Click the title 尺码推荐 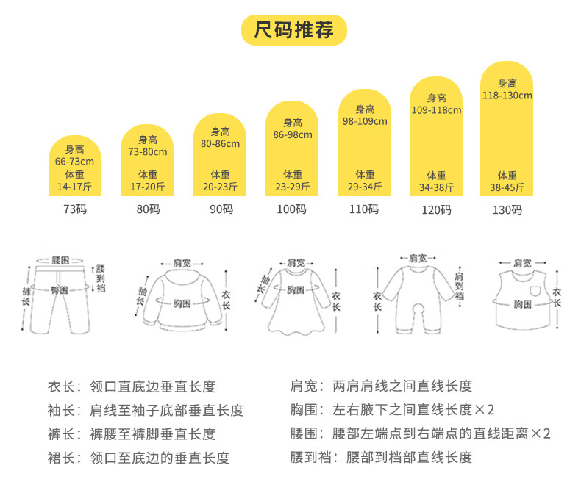coord(293,30)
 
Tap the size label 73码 coord(75,209)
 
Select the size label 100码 coord(291,209)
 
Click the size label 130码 coord(507,209)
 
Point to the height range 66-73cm coord(75,162)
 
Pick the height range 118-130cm coord(507,96)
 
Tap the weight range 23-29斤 coord(293,187)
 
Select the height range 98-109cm coord(365,121)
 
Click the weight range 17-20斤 coord(147,187)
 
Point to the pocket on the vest coord(535,292)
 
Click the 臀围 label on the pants coord(60,291)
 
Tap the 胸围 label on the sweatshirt coord(183,303)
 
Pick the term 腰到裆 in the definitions coord(307,458)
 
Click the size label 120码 coord(436,210)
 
